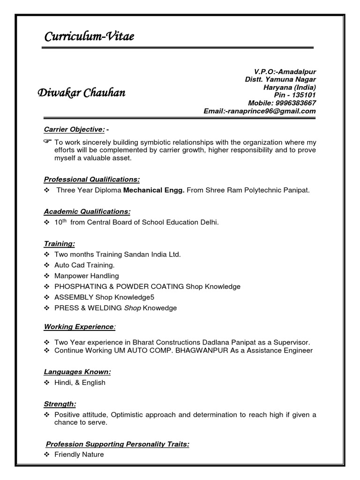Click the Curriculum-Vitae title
click(x=89, y=37)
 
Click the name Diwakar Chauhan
click(x=81, y=93)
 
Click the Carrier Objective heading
click(x=75, y=129)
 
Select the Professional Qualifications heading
click(x=92, y=179)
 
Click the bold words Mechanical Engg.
click(x=154, y=190)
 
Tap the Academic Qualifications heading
click(x=87, y=211)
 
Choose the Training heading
click(x=60, y=244)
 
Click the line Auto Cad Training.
click(x=84, y=265)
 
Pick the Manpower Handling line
click(x=87, y=276)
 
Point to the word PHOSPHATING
click(x=79, y=286)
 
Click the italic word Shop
click(x=132, y=308)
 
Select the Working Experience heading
click(x=79, y=326)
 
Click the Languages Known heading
click(x=77, y=372)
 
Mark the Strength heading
click(x=60, y=404)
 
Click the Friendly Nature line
click(x=79, y=454)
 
